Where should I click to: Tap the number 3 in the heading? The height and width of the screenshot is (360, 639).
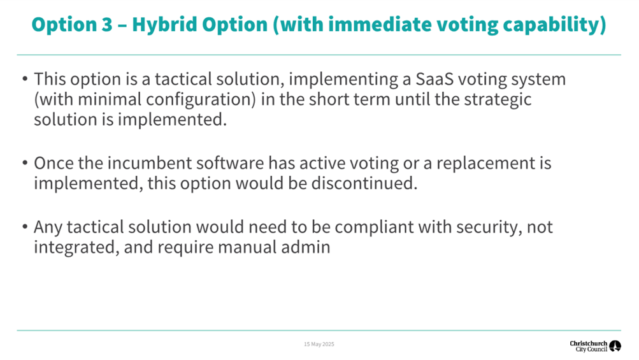pos(106,24)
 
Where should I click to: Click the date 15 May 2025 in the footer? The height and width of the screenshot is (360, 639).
pos(319,344)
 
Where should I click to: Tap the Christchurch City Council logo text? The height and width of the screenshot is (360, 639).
pos(589,346)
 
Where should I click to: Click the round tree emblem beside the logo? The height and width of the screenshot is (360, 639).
pos(615,346)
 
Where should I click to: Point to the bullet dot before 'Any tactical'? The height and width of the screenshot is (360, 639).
pos(25,226)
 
